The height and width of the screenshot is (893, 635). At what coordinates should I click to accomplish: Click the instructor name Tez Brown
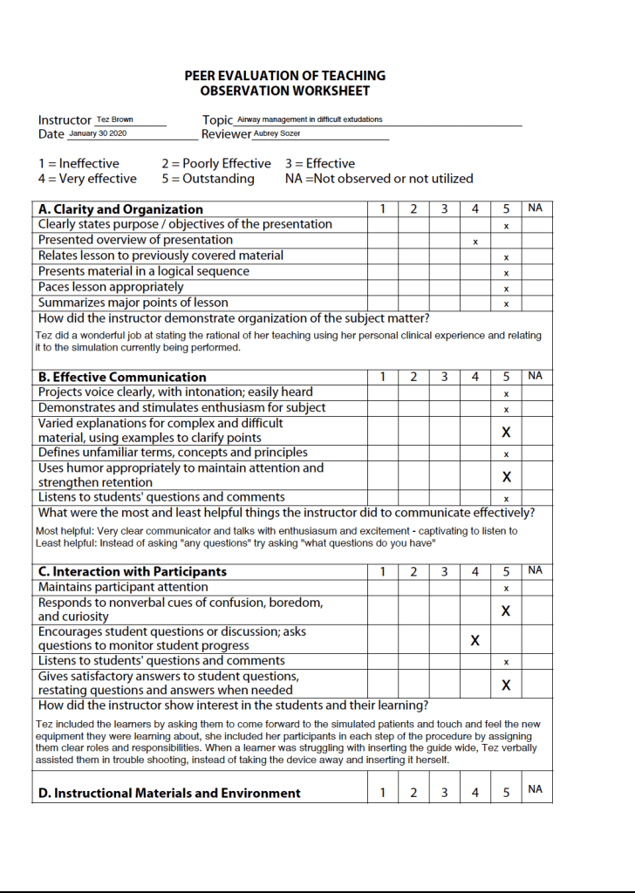[x=115, y=119]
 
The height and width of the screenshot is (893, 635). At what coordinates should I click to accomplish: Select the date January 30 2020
[x=98, y=133]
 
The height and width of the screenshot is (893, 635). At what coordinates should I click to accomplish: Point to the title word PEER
[x=200, y=76]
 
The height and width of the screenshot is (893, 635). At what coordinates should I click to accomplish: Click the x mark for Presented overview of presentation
[x=475, y=241]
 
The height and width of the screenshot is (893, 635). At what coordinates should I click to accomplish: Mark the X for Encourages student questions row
[x=475, y=640]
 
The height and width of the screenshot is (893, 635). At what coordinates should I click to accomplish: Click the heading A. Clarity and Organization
[x=121, y=209]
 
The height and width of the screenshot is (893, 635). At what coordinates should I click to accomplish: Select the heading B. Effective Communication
[x=122, y=377]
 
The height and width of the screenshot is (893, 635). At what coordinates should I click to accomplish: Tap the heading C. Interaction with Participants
[x=133, y=571]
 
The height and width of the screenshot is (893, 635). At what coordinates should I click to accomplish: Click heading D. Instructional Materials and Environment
[x=169, y=793]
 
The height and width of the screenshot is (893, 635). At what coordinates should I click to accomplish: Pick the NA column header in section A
[x=536, y=208]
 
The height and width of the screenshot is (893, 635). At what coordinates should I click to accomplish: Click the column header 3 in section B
[x=444, y=377]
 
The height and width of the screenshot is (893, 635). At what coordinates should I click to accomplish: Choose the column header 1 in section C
[x=382, y=571]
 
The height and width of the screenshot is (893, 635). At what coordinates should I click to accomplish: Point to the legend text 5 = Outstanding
[x=208, y=179]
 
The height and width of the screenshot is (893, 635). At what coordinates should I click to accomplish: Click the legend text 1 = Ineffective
[x=79, y=163]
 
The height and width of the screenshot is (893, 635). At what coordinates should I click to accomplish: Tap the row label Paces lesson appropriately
[x=111, y=287]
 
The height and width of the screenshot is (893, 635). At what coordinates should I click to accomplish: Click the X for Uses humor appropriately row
[x=506, y=476]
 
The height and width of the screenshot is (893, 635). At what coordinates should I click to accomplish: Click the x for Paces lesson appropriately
[x=506, y=289]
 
